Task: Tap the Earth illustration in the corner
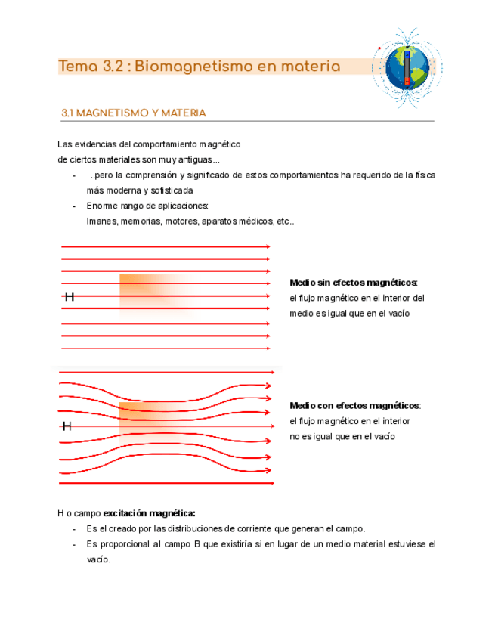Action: tap(407, 67)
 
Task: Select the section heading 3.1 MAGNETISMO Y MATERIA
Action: tap(133, 113)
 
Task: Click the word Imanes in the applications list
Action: tap(101, 221)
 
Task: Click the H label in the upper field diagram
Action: tap(69, 296)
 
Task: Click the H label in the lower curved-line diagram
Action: tap(67, 426)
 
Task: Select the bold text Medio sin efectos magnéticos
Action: tap(354, 283)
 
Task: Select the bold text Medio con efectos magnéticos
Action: tap(355, 406)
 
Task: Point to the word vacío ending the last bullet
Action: tap(98, 560)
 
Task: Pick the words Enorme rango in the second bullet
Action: tap(114, 206)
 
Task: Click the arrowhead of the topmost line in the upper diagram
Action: tap(269, 246)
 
